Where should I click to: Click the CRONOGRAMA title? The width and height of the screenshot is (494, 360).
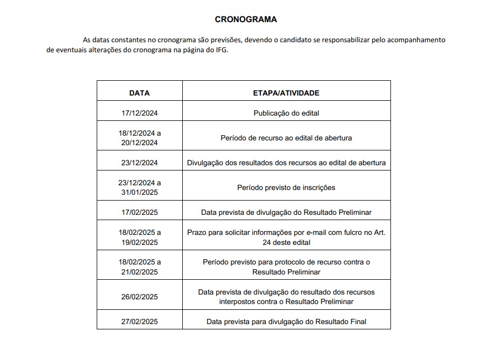tap(246, 20)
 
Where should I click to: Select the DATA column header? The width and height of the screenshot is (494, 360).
tap(139, 93)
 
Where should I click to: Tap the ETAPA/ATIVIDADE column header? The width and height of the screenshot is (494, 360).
tap(286, 93)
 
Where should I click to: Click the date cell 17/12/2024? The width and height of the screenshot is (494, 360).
tap(139, 113)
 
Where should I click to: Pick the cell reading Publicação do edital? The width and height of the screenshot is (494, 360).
tap(286, 113)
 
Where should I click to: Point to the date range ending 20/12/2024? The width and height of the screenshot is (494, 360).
tap(139, 138)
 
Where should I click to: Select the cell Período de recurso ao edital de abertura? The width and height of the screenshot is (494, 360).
tap(286, 138)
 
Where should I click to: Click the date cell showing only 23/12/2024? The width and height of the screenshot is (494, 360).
tap(139, 163)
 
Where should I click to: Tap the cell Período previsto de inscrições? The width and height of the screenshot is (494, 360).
tap(286, 187)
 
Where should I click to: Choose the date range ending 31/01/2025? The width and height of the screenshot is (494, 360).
tap(139, 187)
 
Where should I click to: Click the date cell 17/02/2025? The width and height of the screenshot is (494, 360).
tap(139, 212)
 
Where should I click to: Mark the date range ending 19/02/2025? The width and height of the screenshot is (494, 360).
tap(139, 237)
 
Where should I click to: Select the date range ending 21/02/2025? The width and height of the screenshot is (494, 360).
tap(139, 267)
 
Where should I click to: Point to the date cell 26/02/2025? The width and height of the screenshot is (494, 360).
tap(139, 297)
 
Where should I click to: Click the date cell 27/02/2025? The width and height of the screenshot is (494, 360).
tap(139, 321)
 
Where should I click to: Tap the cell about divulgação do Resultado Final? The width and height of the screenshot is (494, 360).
tap(286, 321)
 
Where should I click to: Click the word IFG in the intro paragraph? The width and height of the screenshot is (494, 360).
tap(221, 51)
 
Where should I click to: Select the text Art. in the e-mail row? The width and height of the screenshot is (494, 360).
tap(379, 232)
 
